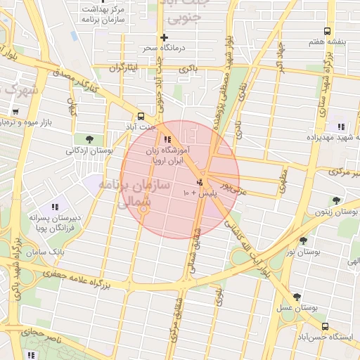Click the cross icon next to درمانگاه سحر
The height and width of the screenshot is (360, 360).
pos(164,37)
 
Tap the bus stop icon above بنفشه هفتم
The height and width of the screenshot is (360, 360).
pos(326,31)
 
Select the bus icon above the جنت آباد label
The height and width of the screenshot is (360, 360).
pos(141,116)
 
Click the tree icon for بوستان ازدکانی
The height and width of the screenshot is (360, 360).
pos(89,139)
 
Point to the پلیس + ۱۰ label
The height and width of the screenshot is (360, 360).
pos(199,192)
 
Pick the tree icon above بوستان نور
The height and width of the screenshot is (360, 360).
pos(303,240)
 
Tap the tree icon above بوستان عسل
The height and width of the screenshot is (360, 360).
pos(297,297)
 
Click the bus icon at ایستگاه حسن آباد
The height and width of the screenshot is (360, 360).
pos(325,326)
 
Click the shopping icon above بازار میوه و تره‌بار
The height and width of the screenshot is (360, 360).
pos(15,111)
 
